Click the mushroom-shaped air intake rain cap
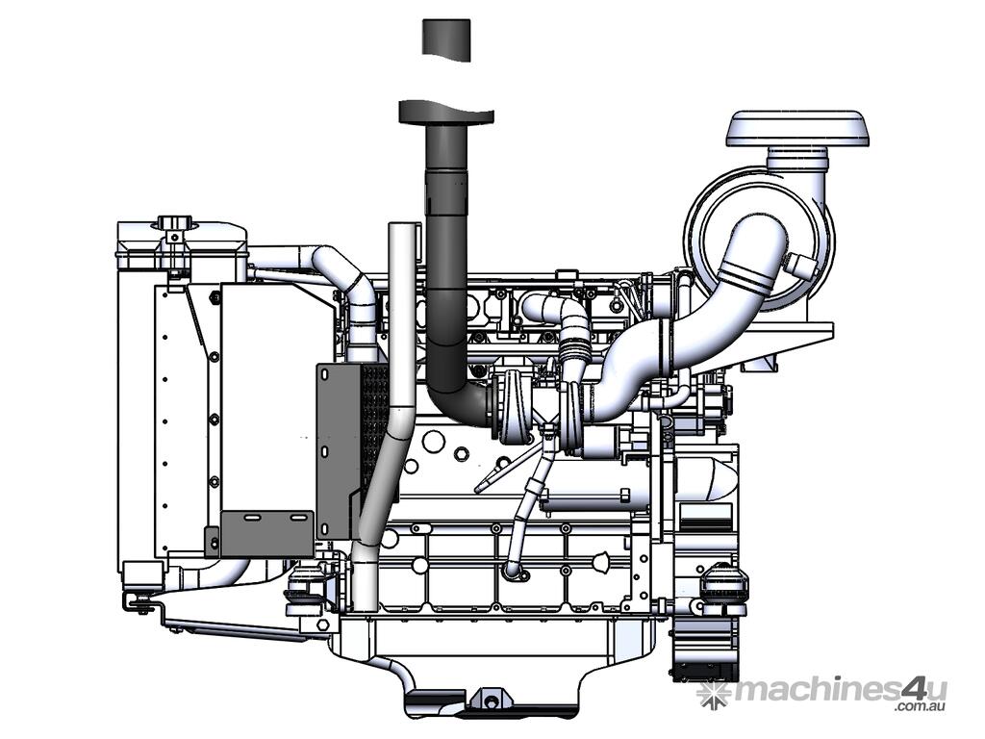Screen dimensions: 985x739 797,129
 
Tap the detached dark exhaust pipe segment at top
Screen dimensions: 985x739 446,38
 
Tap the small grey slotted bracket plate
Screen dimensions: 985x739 267,533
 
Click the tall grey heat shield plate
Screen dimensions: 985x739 340,450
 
